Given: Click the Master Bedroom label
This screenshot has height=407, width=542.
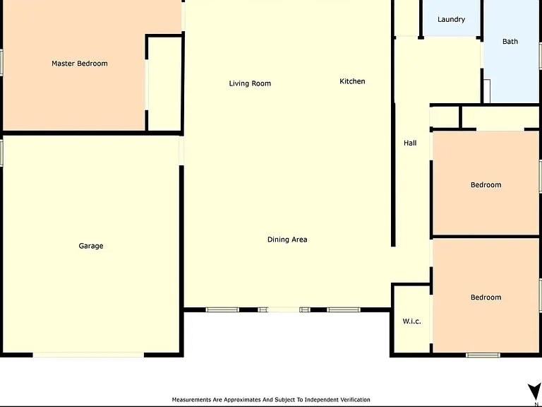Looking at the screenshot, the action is [x=80, y=64].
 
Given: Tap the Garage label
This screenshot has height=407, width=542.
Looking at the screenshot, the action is [x=91, y=246].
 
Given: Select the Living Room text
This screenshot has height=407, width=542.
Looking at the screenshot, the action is [x=250, y=83].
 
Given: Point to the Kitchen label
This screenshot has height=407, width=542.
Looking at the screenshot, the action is [x=352, y=81].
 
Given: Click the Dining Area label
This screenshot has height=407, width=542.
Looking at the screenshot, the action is [x=287, y=240].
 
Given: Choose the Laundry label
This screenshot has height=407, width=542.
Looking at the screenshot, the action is [x=451, y=19].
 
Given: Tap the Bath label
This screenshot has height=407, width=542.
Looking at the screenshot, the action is [x=510, y=42].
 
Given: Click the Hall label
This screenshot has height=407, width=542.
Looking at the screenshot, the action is [x=410, y=143].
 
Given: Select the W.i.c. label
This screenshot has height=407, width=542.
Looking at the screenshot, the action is [x=411, y=322].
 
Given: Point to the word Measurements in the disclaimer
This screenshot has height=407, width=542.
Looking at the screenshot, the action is [x=191, y=400].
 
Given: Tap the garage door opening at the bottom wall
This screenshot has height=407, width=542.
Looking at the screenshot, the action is [x=88, y=355].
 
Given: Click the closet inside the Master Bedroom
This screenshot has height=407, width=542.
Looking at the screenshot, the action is [x=164, y=83].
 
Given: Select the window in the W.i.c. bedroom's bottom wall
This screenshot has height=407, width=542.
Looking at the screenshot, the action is [x=483, y=355].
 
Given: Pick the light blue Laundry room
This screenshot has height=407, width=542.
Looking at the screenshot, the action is [x=451, y=18].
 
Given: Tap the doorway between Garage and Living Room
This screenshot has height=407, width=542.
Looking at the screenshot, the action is [x=181, y=151].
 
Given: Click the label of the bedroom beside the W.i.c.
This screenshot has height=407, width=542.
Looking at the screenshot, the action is [x=486, y=297].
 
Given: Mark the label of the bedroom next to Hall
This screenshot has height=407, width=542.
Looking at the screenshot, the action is [x=486, y=185].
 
